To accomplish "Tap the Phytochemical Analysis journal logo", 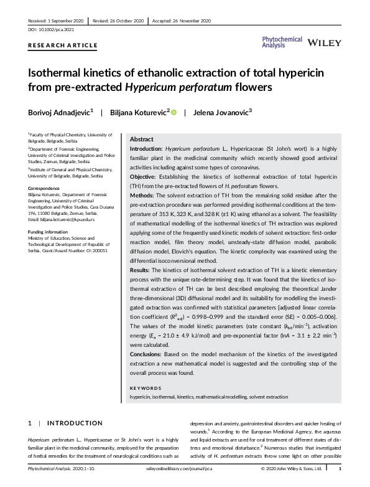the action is pos(282,41).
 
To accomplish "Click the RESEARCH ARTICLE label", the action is pos(63,45).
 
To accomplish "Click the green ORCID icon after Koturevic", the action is pos(174,113).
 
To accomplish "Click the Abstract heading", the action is pos(141,139).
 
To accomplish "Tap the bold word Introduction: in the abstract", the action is pos(150,150).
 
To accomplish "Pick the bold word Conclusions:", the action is pos(149,354).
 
